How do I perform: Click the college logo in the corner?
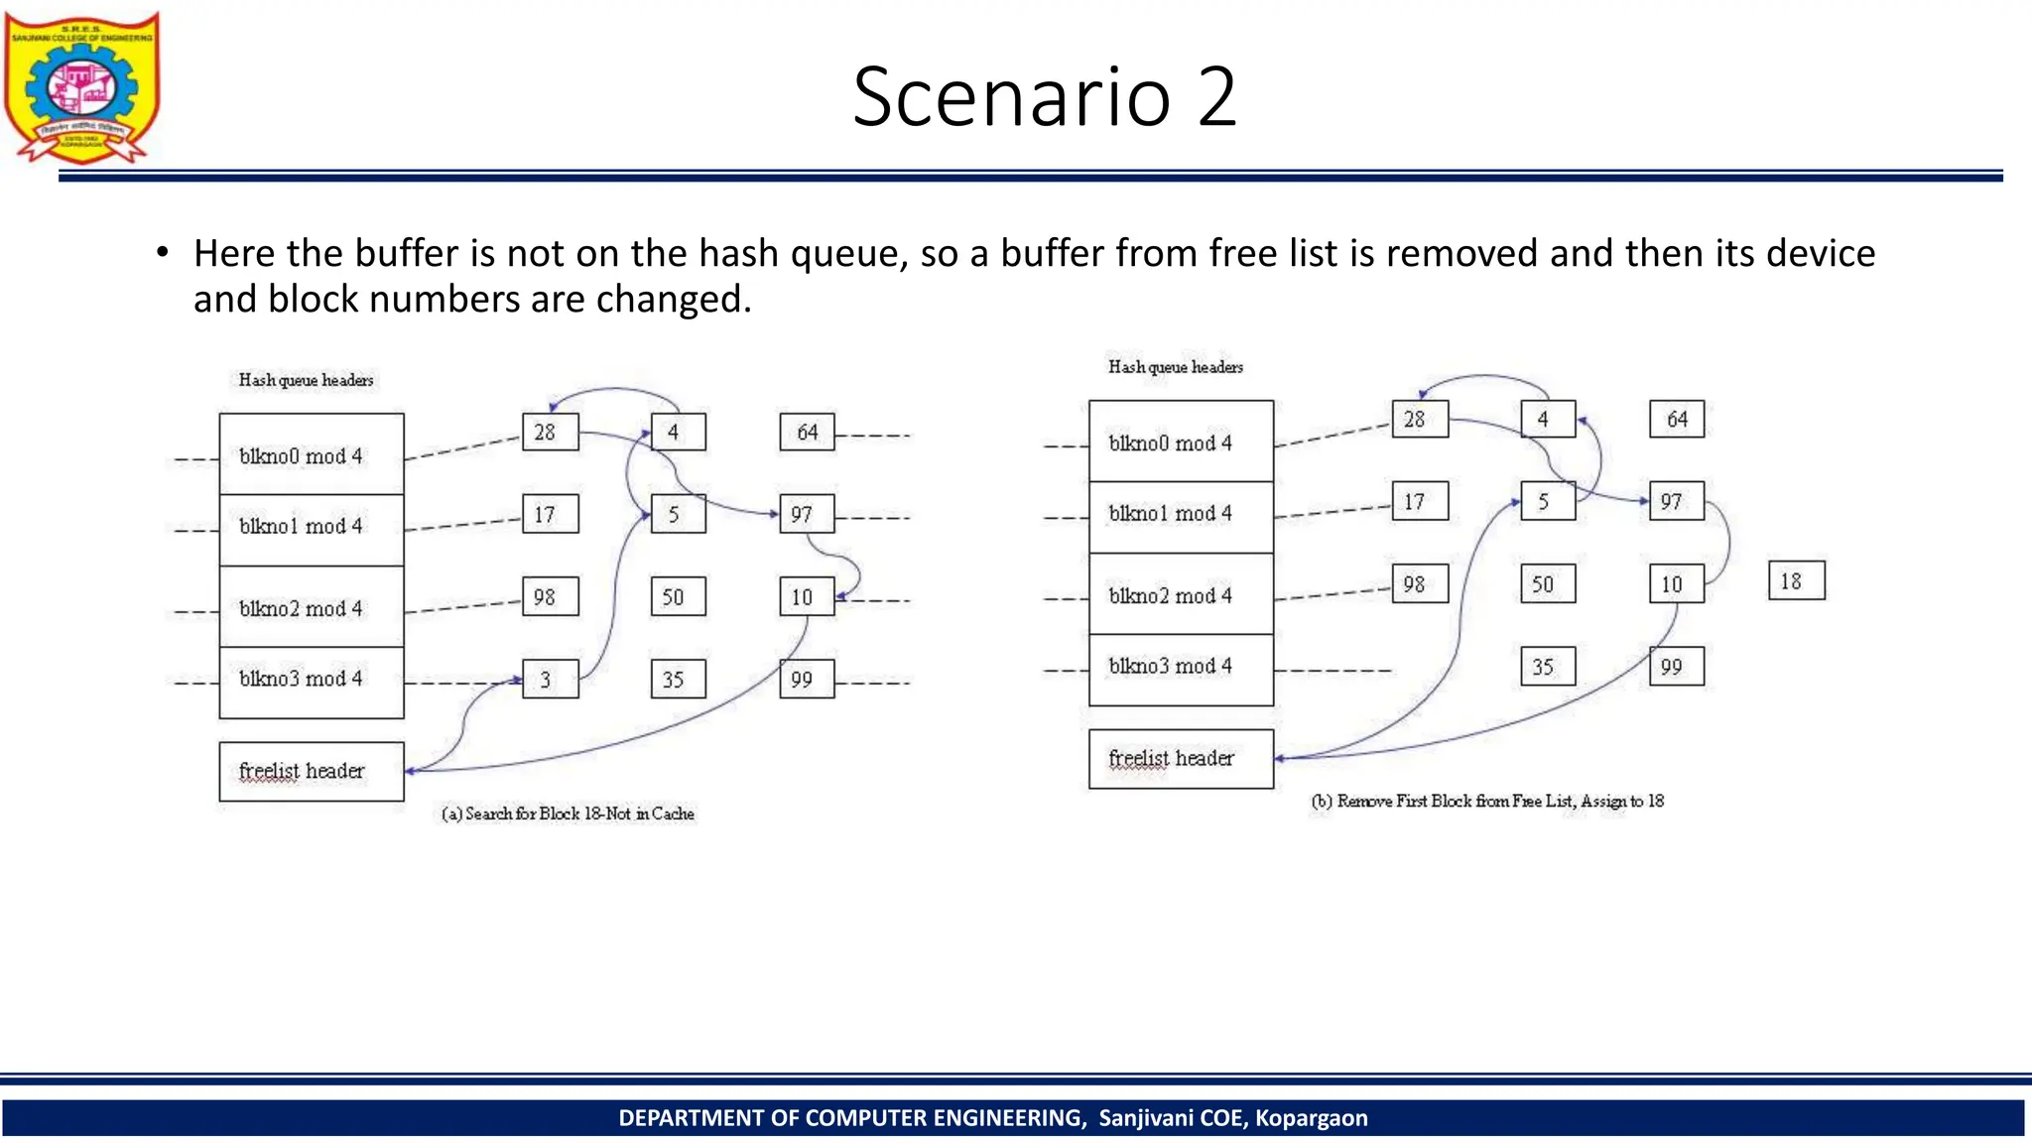[x=81, y=87]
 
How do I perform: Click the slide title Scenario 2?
[x=1045, y=97]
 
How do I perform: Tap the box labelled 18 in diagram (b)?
[x=1796, y=581]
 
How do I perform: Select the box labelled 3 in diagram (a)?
[x=550, y=680]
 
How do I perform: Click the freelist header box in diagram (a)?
[x=311, y=771]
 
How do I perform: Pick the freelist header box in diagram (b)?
[x=1181, y=759]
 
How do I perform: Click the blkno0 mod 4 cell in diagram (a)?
[x=311, y=455]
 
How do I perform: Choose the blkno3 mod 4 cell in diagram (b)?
[x=1181, y=668]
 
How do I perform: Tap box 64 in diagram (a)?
[x=807, y=433]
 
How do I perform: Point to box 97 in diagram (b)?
[x=1676, y=502]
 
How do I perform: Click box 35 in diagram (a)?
[x=678, y=680]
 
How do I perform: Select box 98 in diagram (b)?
[x=1419, y=584]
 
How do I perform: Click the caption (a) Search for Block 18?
[x=568, y=814]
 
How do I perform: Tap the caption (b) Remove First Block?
[x=1487, y=801]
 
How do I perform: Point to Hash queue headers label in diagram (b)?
[x=1175, y=367]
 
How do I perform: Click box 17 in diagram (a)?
[x=550, y=515]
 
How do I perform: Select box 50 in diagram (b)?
[x=1547, y=584]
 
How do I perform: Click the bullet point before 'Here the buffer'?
[x=162, y=253]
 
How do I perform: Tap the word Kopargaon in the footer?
[x=1311, y=1118]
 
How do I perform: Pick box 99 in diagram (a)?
[x=806, y=680]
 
